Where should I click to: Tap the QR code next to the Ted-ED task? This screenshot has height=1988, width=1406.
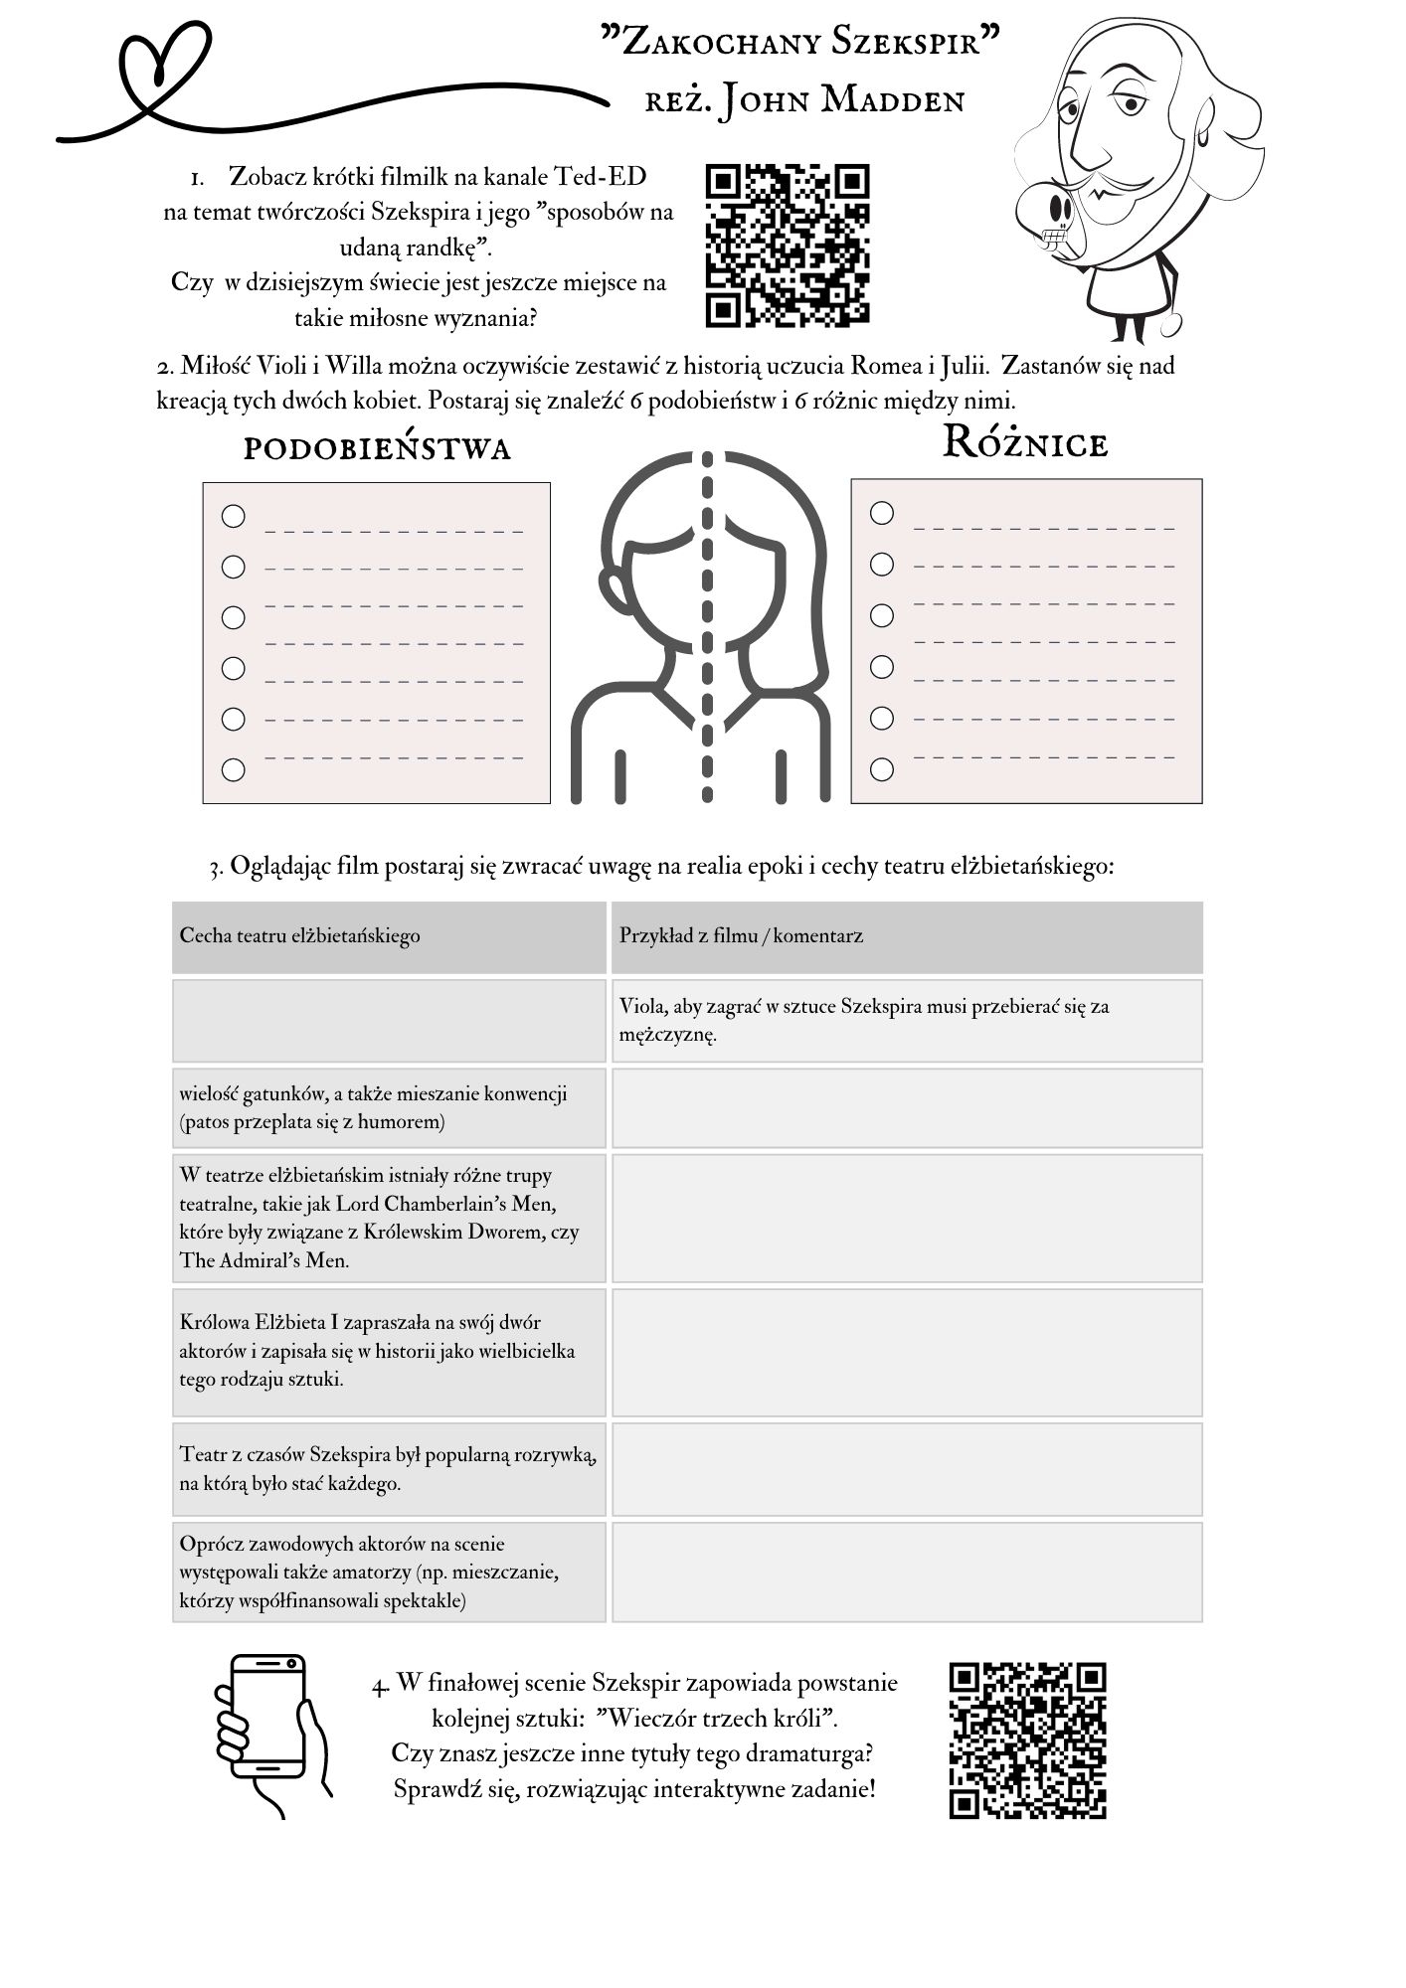coord(787,246)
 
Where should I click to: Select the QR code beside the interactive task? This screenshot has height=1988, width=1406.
coord(1027,1739)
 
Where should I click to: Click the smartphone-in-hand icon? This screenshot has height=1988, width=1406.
coord(271,1735)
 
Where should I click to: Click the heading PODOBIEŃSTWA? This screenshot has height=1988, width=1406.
coord(377,449)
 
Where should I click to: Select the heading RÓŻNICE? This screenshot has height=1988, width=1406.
coord(1024,443)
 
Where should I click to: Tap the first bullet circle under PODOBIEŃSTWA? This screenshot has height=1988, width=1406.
coord(233,516)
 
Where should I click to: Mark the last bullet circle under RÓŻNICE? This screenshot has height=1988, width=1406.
coord(882,769)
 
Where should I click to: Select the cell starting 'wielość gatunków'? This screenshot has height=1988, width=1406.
coord(389,1108)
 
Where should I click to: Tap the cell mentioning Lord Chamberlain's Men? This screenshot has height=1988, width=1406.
coord(389,1218)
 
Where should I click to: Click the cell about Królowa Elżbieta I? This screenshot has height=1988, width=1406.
coord(389,1352)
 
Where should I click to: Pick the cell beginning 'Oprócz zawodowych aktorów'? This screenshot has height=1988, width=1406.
coord(389,1573)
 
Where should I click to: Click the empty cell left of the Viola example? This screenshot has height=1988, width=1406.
coord(389,1021)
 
